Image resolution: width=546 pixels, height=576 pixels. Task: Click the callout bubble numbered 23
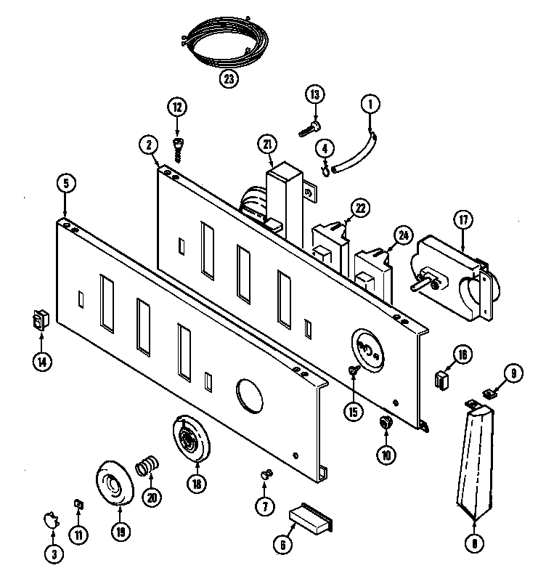click(x=229, y=80)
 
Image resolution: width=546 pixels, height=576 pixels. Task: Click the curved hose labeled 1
click(x=358, y=155)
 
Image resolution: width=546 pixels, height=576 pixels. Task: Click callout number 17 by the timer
click(x=463, y=219)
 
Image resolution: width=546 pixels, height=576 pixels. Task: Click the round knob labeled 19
click(x=113, y=482)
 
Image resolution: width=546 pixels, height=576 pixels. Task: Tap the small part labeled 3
click(x=49, y=519)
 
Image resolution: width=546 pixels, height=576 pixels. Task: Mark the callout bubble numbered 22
click(x=359, y=208)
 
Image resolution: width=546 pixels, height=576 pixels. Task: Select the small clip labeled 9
click(x=488, y=394)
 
